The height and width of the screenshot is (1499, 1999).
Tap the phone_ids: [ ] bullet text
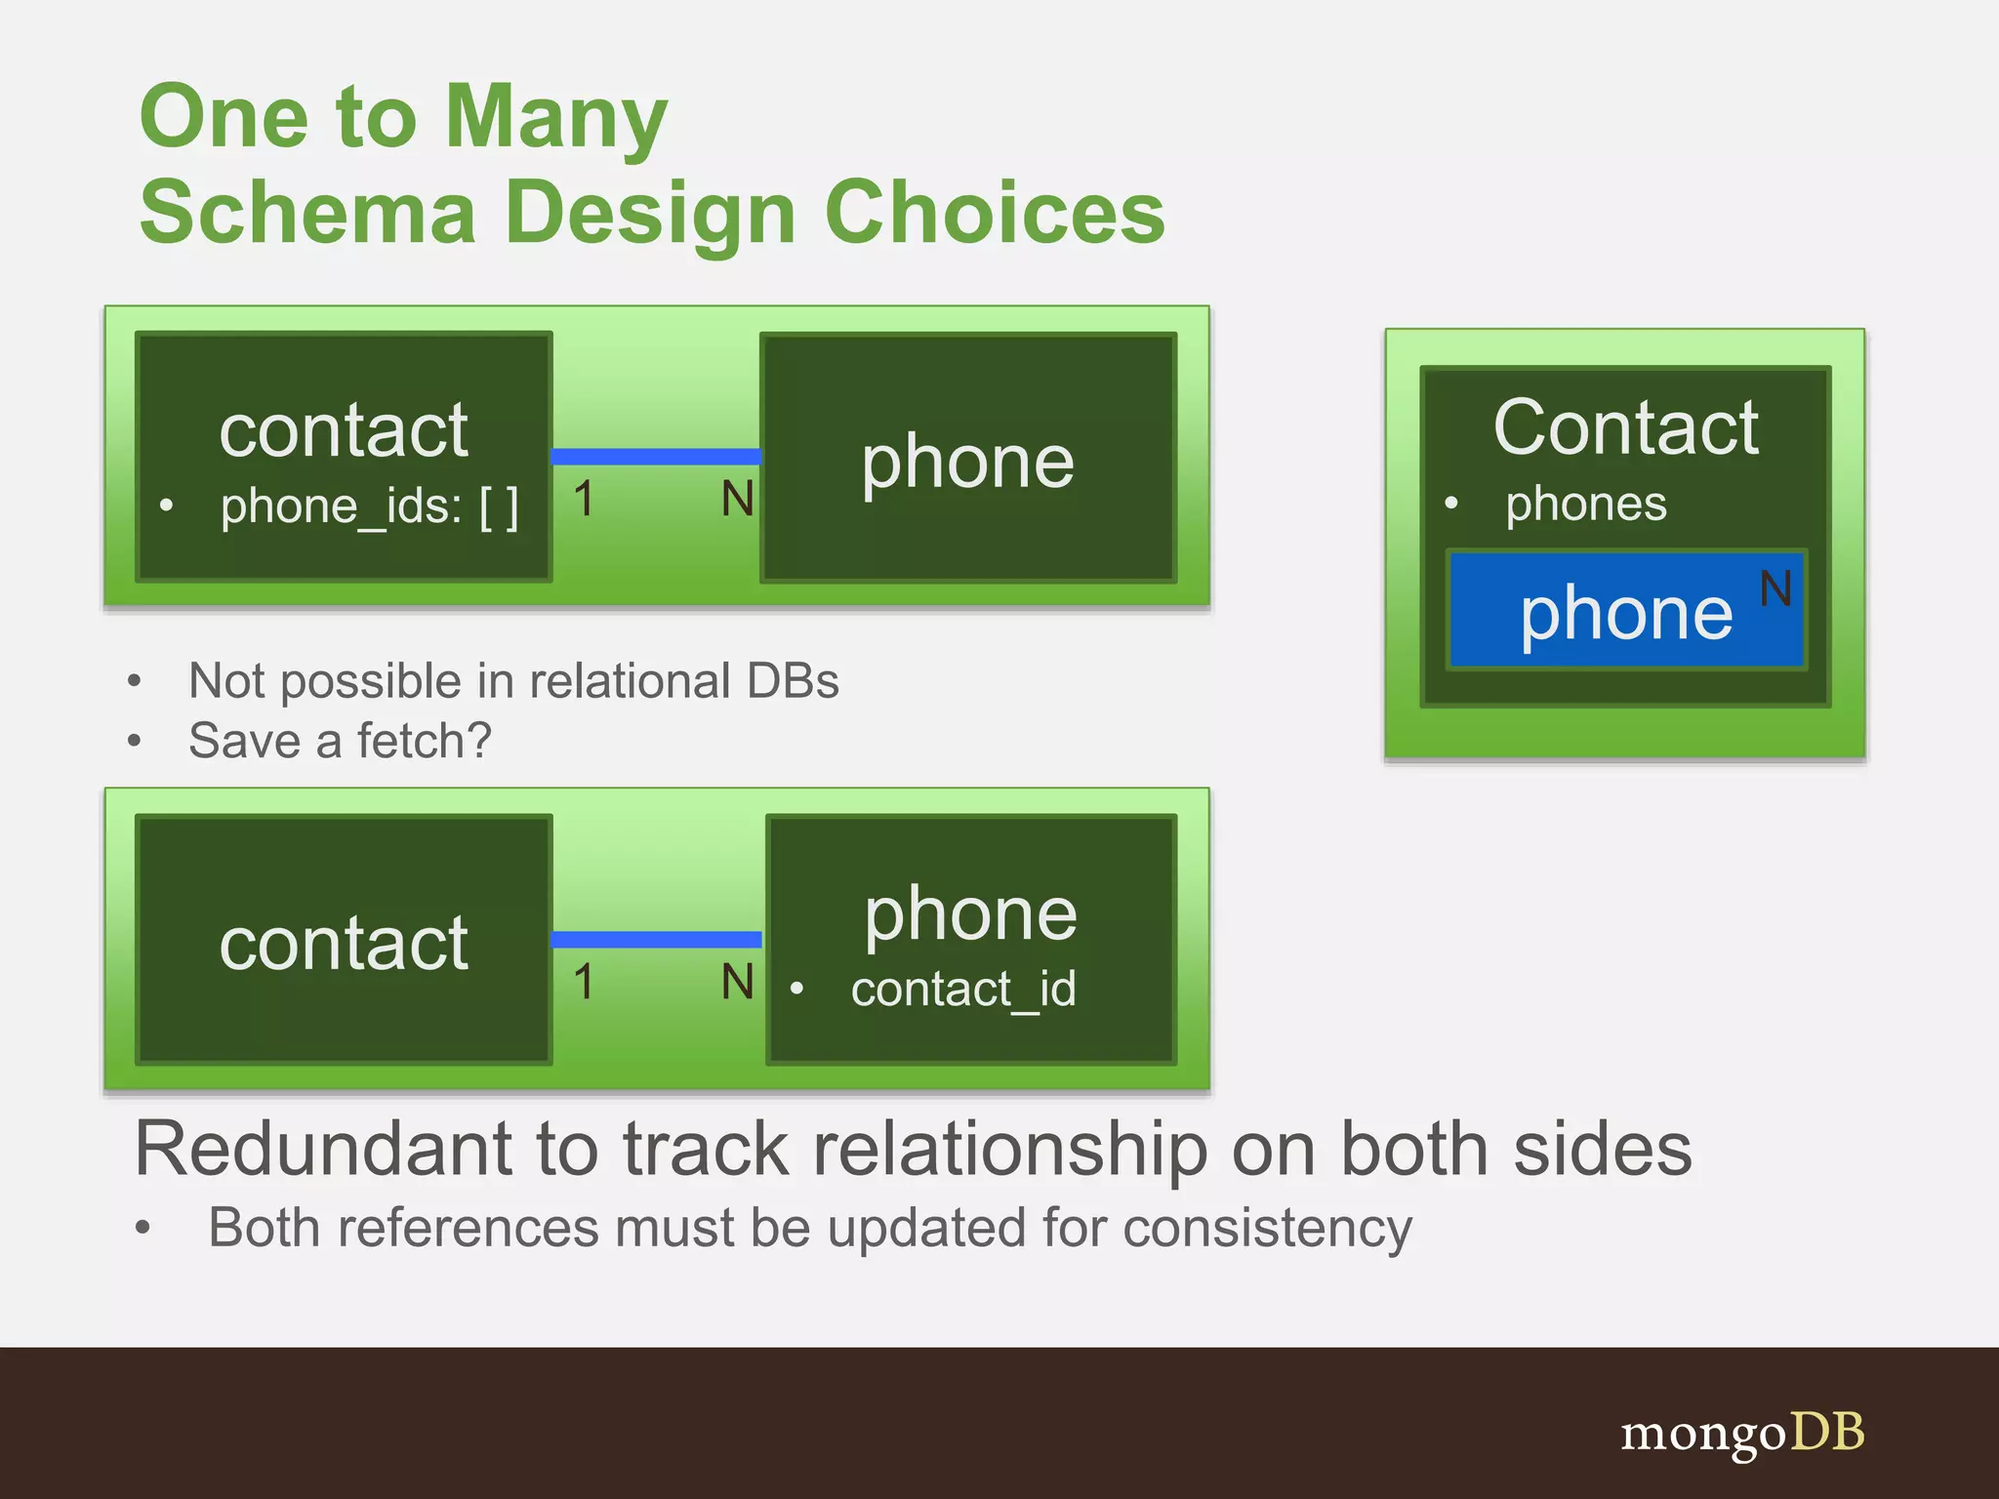click(369, 506)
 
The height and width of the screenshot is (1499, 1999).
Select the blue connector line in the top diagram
click(656, 457)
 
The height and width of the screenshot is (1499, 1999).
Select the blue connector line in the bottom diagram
click(656, 940)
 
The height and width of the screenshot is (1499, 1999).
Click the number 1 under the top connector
click(584, 500)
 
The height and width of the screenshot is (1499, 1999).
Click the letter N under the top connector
click(737, 500)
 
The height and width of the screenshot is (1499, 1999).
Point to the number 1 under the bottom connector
click(584, 982)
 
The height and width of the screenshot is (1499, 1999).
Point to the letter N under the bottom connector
click(737, 982)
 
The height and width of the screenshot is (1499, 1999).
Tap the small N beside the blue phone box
click(1775, 589)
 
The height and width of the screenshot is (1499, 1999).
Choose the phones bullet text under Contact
click(1585, 505)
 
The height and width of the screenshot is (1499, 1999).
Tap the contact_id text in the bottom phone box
click(962, 990)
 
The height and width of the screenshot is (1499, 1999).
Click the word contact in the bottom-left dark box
click(344, 944)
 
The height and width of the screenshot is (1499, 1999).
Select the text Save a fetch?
click(340, 741)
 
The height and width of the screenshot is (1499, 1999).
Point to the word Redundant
click(322, 1150)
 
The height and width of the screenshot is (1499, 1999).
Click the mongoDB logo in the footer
click(1742, 1434)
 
